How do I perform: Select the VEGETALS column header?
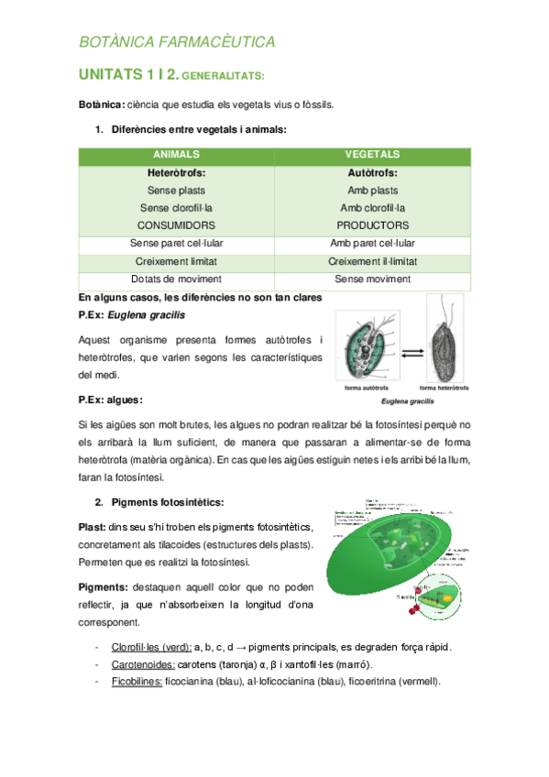pos(372,155)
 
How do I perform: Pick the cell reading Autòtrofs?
pos(372,172)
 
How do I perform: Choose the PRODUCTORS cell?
pos(372,224)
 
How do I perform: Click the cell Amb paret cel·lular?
pos(372,243)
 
